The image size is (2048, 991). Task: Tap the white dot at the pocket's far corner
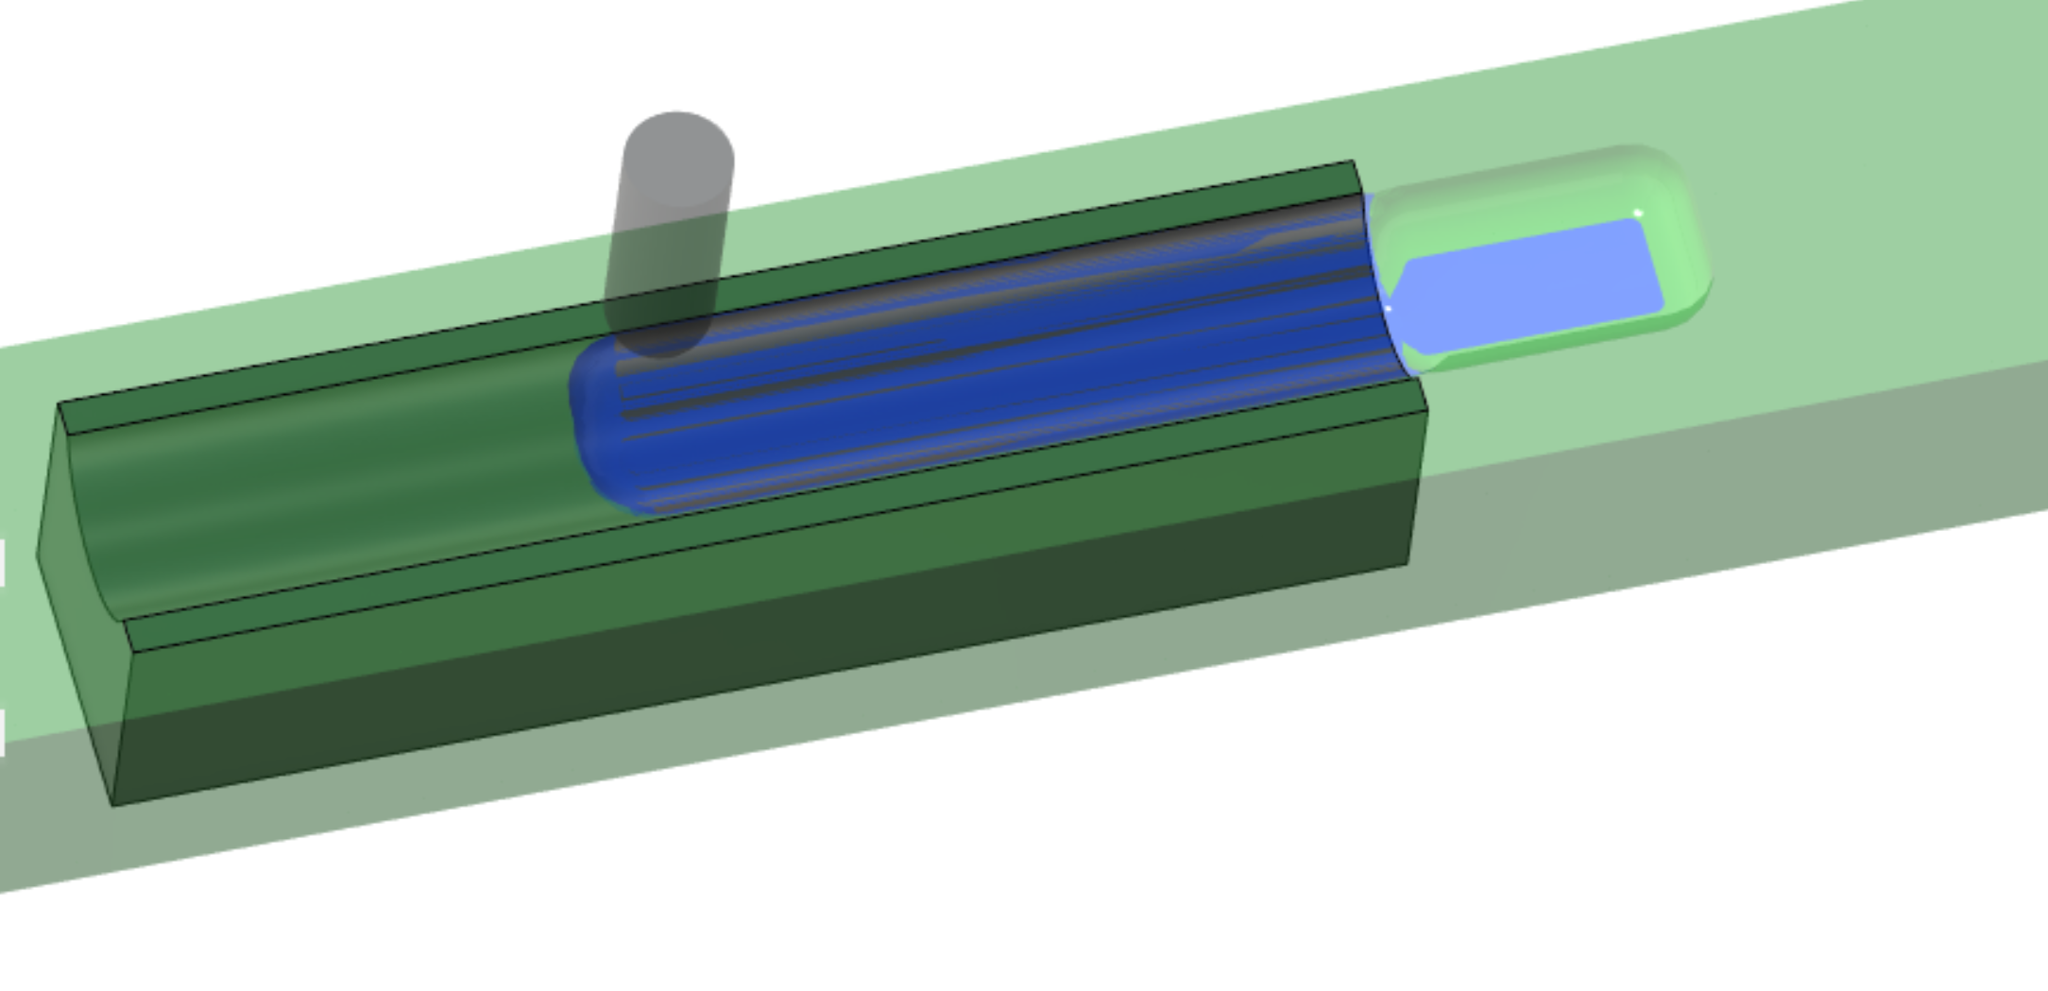click(1638, 214)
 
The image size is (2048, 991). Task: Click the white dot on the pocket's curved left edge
click(1388, 309)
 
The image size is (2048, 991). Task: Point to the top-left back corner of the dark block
click(59, 404)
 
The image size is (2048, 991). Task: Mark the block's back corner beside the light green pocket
click(1354, 162)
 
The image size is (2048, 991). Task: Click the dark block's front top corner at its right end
click(1426, 409)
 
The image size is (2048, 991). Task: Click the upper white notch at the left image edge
click(3, 563)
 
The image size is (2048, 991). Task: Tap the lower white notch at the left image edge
click(3, 731)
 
